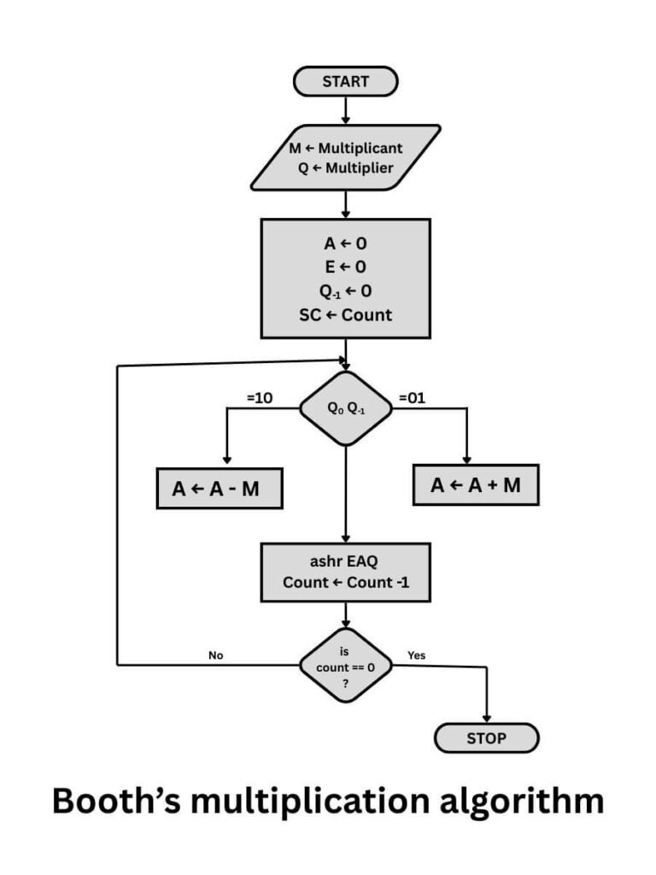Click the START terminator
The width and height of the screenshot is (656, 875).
(x=345, y=81)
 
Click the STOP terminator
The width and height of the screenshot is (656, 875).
(x=486, y=738)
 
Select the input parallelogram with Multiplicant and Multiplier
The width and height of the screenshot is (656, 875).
(x=345, y=157)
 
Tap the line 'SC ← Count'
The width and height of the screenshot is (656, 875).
(x=345, y=314)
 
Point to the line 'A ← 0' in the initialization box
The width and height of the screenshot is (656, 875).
(x=345, y=244)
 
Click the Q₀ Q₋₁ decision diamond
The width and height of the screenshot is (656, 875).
(x=345, y=408)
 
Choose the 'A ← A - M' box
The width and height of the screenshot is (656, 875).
(x=220, y=489)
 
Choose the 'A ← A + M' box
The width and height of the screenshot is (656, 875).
(x=476, y=485)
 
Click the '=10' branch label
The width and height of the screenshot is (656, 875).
(x=259, y=398)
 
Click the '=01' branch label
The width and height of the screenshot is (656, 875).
(x=413, y=398)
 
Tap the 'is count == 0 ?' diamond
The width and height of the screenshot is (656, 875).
(x=345, y=665)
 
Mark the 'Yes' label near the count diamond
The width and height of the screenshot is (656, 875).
(x=416, y=655)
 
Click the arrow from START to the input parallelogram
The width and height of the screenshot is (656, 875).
(x=345, y=109)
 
